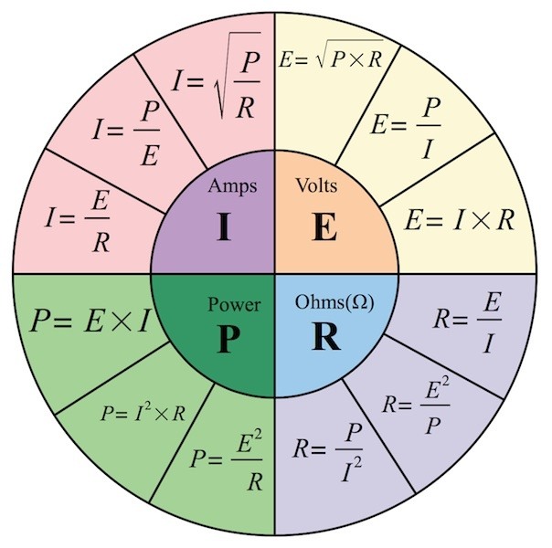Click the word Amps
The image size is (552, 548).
(231, 186)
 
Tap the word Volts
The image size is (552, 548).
(317, 186)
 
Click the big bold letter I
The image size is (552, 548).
(223, 227)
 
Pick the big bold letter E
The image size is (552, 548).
(324, 227)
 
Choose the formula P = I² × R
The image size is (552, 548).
(143, 414)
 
